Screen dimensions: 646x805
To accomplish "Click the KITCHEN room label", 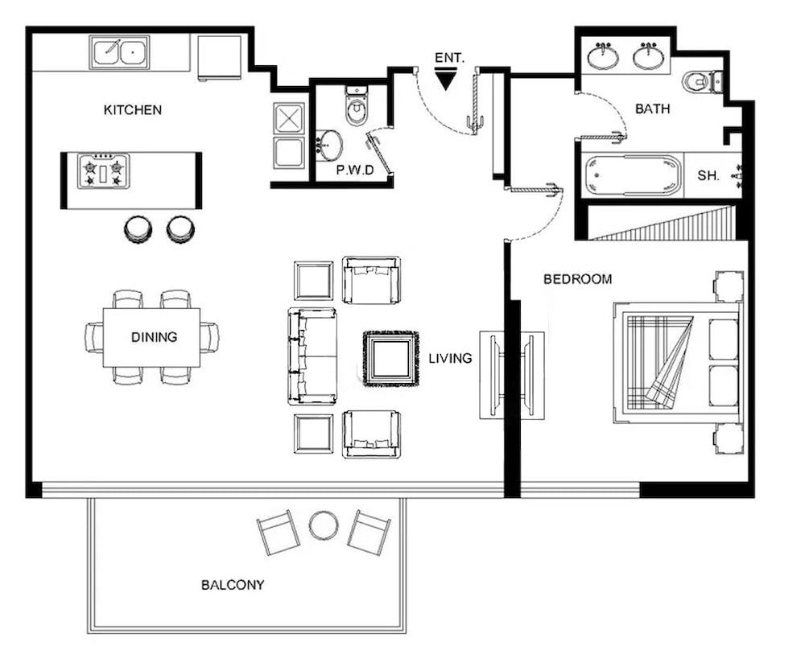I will pyautogui.click(x=133, y=110).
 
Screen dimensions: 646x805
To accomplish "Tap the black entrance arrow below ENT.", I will pyautogui.click(x=444, y=79).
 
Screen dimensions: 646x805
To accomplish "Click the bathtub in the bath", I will pyautogui.click(x=633, y=175).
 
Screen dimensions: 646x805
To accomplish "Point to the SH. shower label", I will pyautogui.click(x=708, y=175).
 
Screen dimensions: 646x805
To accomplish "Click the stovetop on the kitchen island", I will pyautogui.click(x=104, y=171).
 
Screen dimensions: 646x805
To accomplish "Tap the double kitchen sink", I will pyautogui.click(x=119, y=53).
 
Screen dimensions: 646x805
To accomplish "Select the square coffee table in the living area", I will pyautogui.click(x=390, y=359).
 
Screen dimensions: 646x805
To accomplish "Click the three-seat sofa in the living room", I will pyautogui.click(x=312, y=356).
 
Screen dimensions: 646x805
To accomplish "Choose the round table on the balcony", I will pyautogui.click(x=324, y=526).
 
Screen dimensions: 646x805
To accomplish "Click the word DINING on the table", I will pyautogui.click(x=154, y=337).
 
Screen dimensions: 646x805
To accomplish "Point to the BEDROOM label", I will pyautogui.click(x=577, y=280).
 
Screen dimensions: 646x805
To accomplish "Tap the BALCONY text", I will pyautogui.click(x=233, y=585).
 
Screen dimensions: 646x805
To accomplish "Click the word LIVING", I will pyautogui.click(x=450, y=359).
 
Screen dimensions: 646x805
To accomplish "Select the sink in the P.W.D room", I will pyautogui.click(x=328, y=146).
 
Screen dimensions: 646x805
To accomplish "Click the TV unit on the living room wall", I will pyautogui.click(x=513, y=375).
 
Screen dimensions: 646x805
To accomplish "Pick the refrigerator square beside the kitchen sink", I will pyautogui.click(x=220, y=57).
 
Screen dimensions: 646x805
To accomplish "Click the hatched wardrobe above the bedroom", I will pyautogui.click(x=664, y=223).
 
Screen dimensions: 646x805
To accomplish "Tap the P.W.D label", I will pyautogui.click(x=355, y=171).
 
